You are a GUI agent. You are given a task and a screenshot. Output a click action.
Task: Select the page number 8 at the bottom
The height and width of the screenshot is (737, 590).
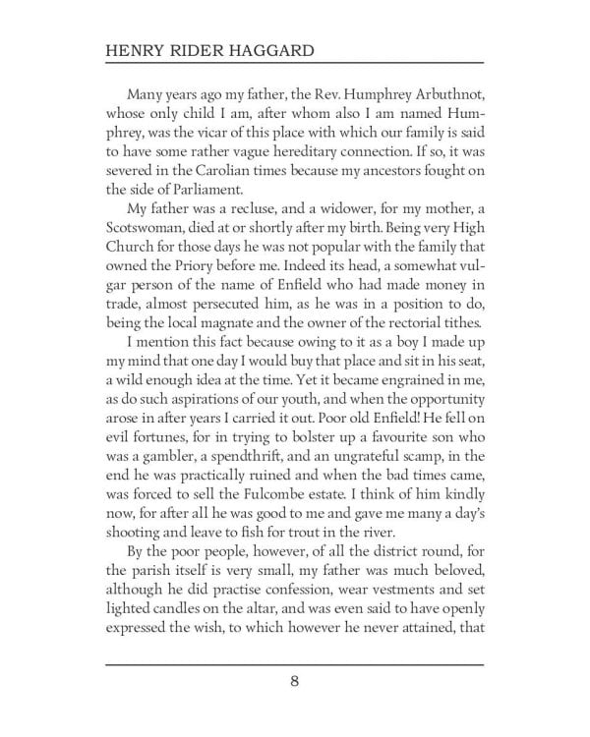click(294, 708)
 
